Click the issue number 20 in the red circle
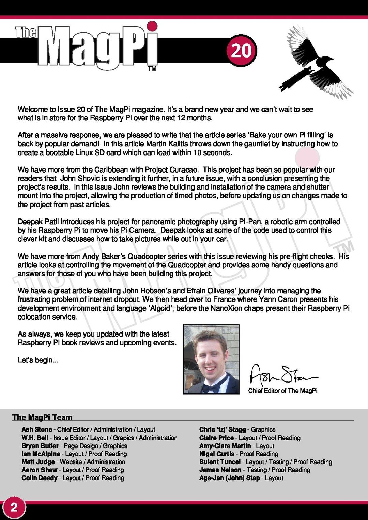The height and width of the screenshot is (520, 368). [x=241, y=50]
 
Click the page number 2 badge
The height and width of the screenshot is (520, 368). [x=14, y=508]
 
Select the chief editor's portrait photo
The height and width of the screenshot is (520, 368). [x=211, y=359]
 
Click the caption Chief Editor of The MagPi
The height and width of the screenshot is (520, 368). [x=283, y=391]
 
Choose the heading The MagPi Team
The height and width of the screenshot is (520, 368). [x=42, y=417]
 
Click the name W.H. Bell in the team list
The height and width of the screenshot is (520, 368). [x=35, y=438]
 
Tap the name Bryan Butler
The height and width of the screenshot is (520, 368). [x=40, y=446]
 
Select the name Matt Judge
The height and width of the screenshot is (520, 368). [x=38, y=462]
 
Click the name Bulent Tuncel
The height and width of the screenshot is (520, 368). [x=220, y=462]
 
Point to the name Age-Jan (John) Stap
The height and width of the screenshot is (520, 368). [x=229, y=478]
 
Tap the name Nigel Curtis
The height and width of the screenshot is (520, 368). [x=216, y=454]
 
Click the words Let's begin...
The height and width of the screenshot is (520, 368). [x=38, y=360]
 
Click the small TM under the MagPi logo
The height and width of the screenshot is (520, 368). [x=152, y=69]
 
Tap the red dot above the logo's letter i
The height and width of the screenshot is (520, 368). [x=153, y=26]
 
